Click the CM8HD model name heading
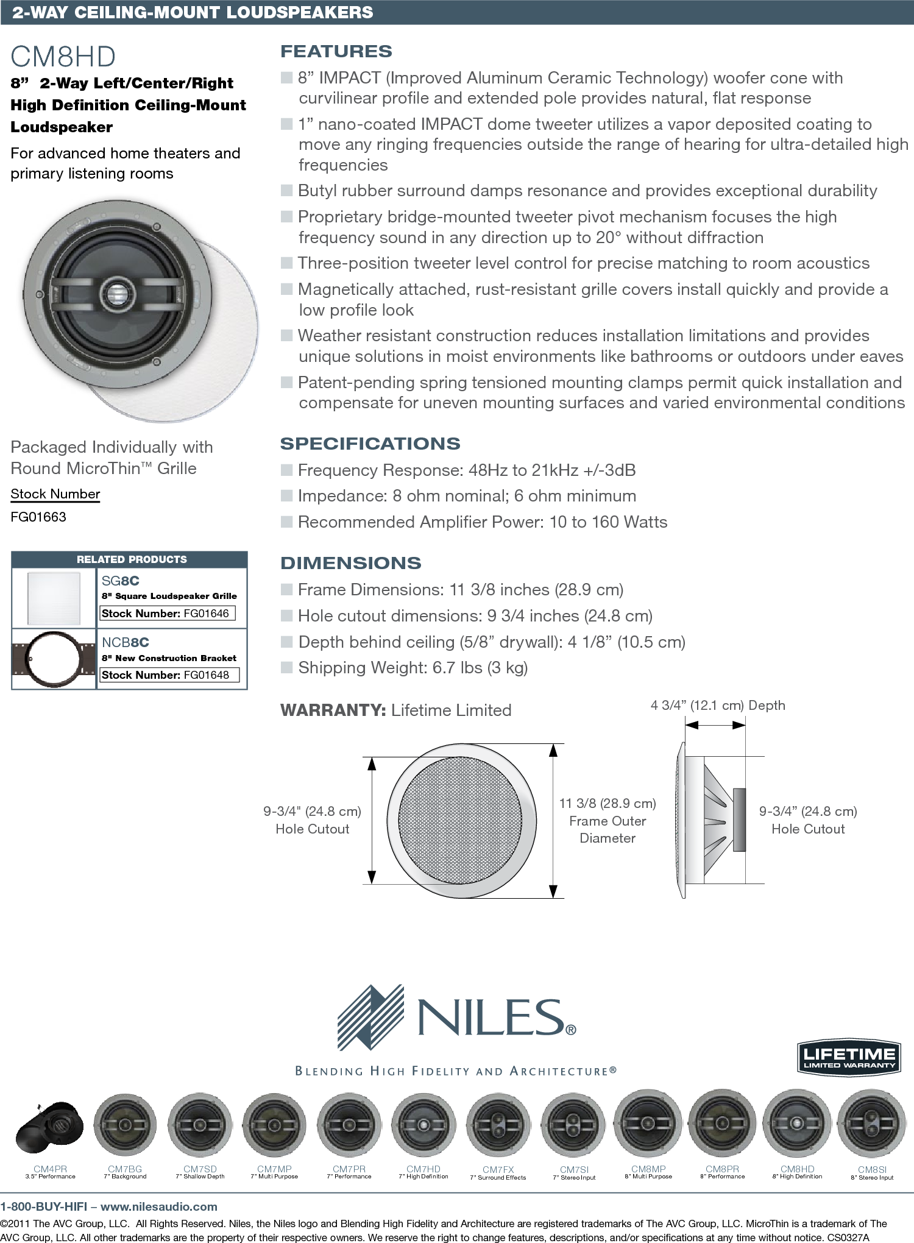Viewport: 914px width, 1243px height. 63,57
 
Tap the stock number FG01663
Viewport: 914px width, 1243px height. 38,517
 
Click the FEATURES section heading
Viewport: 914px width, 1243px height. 336,52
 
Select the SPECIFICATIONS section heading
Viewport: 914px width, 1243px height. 370,444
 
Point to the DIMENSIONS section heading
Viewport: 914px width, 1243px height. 350,563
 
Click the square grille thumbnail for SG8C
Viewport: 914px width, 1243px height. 54,598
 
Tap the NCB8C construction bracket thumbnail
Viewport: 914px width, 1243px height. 54,659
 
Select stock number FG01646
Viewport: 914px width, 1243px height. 206,614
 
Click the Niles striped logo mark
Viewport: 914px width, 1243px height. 370,1017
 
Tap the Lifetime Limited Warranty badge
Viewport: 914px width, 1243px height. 849,1057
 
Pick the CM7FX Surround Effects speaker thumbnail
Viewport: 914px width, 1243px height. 498,1127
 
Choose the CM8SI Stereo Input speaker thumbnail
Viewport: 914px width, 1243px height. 871,1127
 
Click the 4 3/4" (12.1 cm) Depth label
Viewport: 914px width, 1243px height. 717,706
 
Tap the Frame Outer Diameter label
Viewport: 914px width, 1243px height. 608,829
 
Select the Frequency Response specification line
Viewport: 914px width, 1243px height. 466,470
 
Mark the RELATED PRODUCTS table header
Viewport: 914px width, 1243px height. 132,559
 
